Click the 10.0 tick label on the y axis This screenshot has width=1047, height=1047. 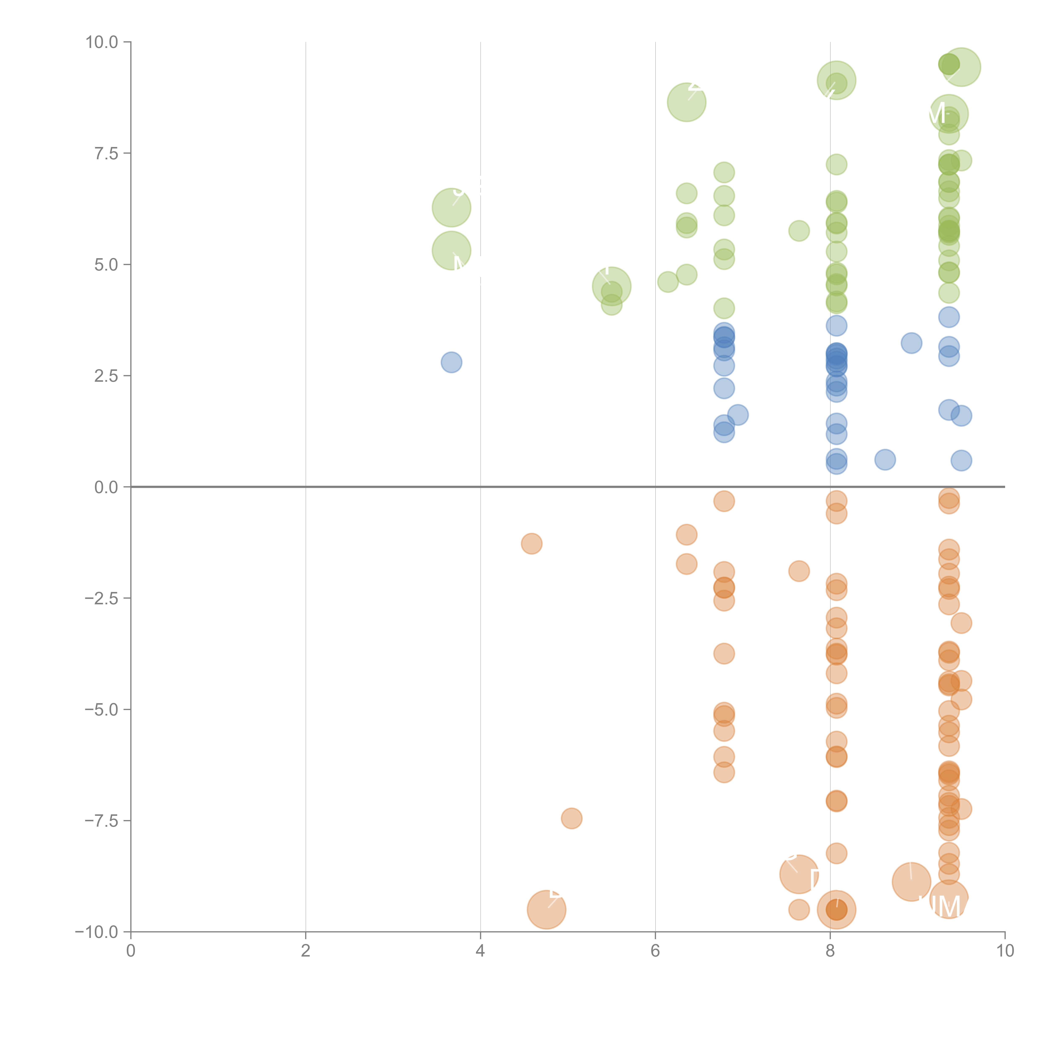click(x=102, y=42)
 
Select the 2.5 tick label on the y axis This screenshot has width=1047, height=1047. click(x=106, y=376)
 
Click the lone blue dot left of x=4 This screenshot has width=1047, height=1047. click(x=451, y=362)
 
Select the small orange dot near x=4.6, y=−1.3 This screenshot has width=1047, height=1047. click(x=532, y=544)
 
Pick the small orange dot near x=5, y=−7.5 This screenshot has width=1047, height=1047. click(x=572, y=818)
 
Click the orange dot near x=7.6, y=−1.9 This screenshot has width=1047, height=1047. click(x=799, y=571)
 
